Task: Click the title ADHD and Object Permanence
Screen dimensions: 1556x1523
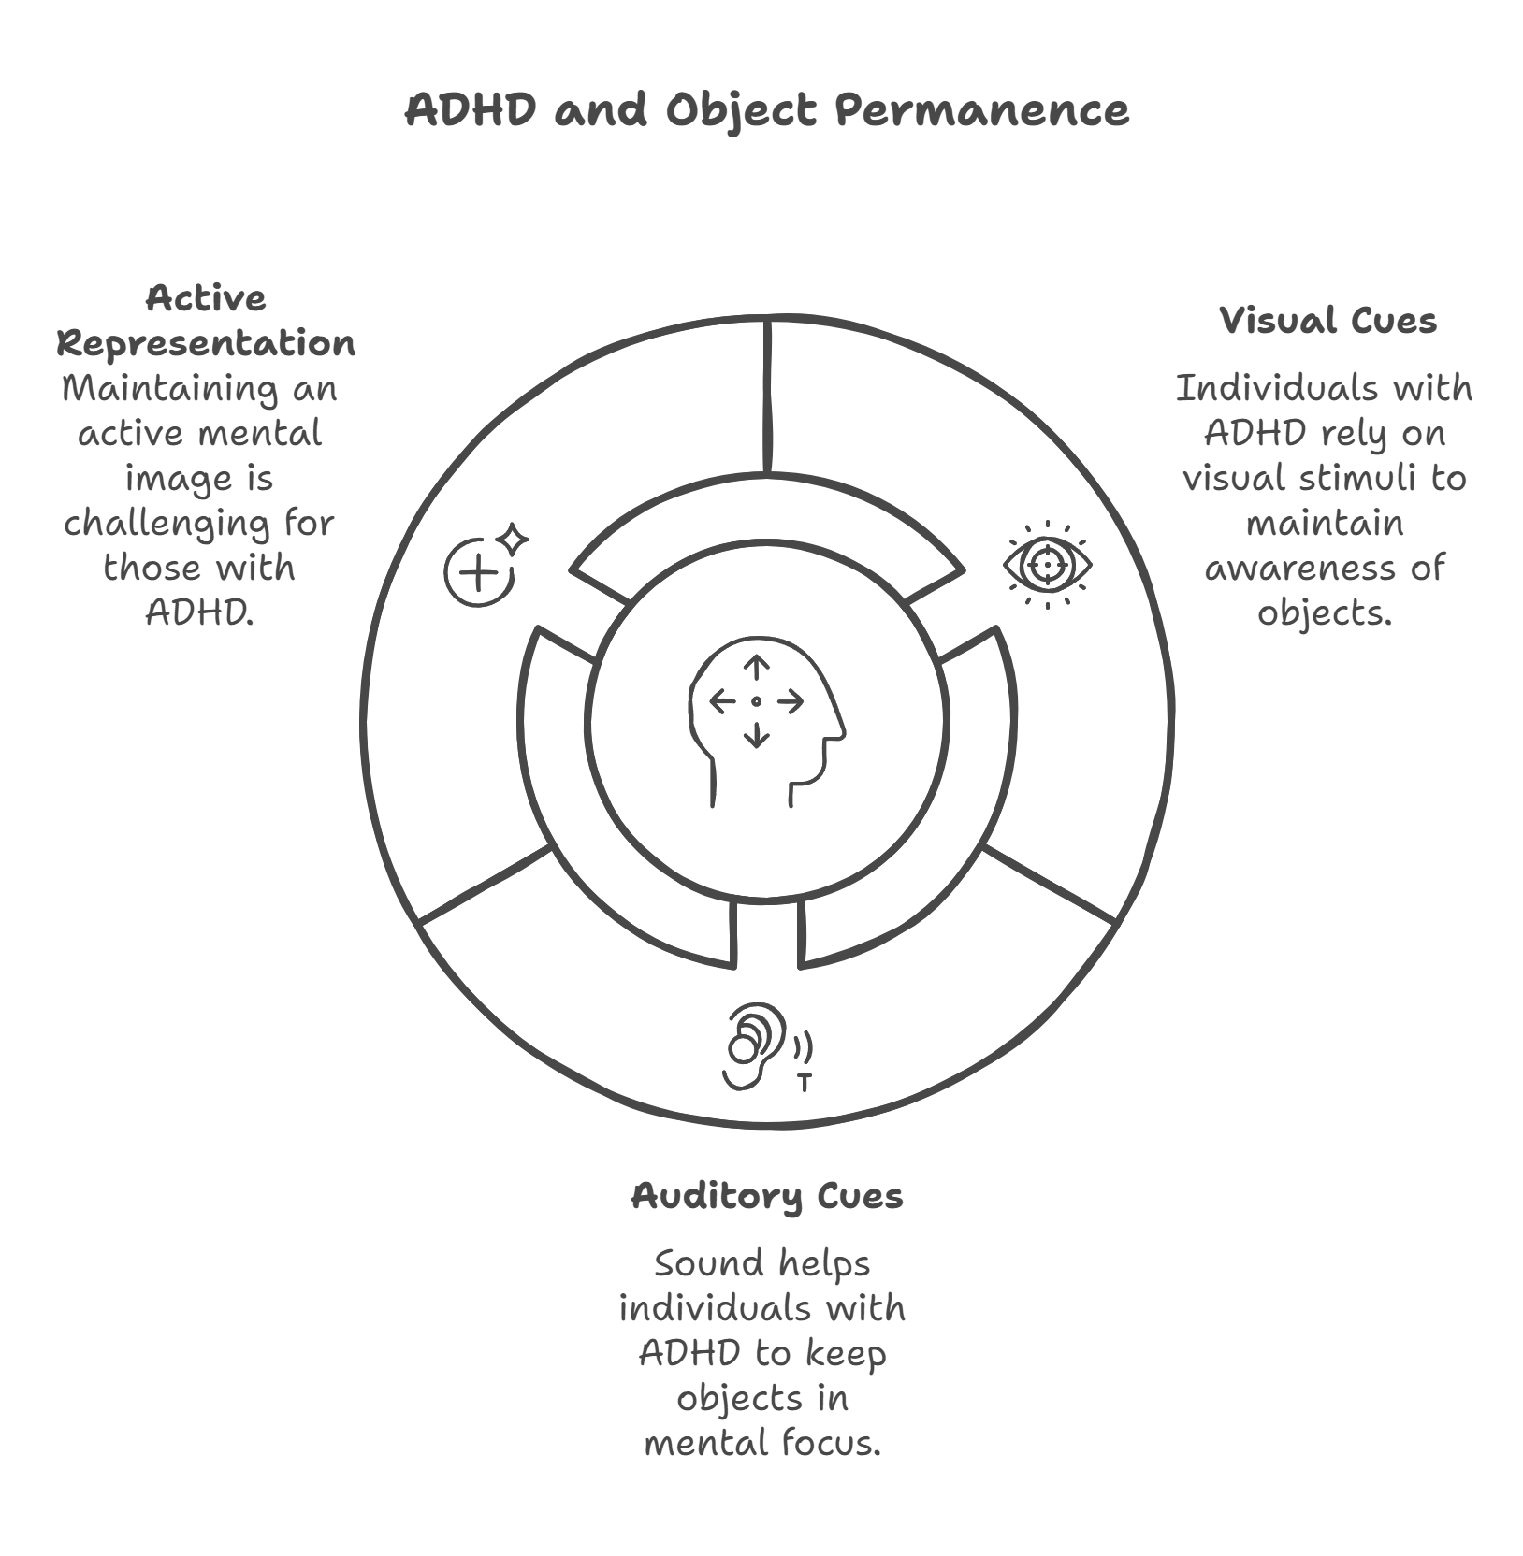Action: [x=766, y=110]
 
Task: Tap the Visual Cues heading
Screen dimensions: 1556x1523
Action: [x=1327, y=321]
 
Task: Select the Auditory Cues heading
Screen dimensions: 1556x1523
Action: [x=766, y=1196]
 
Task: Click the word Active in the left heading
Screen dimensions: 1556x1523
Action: [x=206, y=299]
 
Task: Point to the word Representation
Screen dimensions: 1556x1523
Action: [x=206, y=343]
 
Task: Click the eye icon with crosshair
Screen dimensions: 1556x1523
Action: [x=1047, y=565]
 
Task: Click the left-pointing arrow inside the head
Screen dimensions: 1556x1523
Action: [x=723, y=701]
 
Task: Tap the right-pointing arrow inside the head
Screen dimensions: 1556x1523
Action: [x=791, y=701]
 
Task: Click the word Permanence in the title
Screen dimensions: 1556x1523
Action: [x=981, y=110]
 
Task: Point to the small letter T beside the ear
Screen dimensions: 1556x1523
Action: [x=804, y=1083]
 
